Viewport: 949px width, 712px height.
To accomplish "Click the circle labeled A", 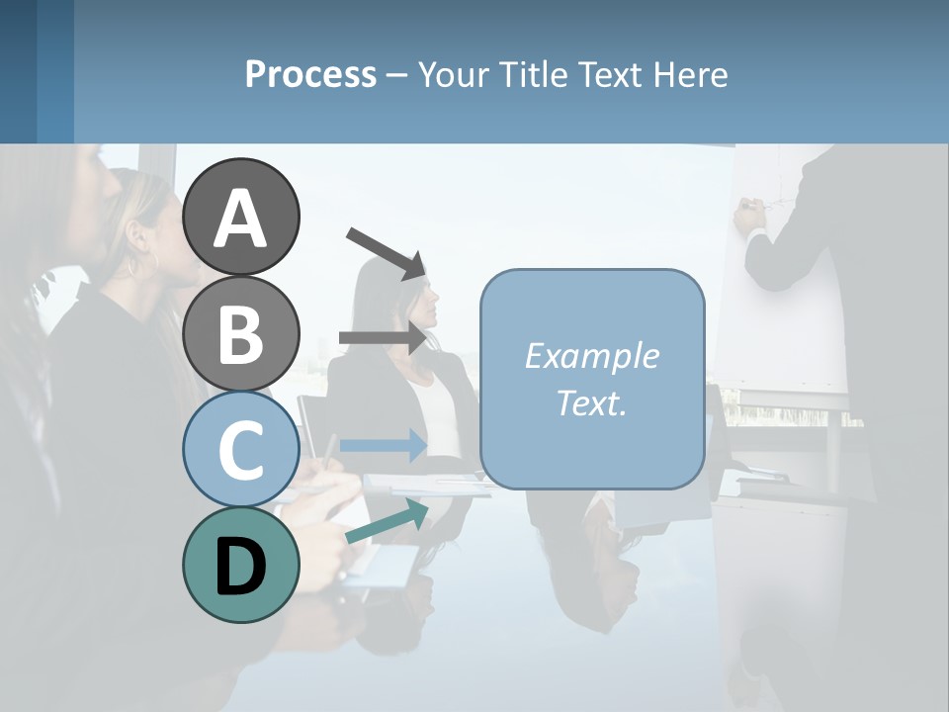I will point(241,217).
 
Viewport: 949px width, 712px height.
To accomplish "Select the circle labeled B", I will point(241,333).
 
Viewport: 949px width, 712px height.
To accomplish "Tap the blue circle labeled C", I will point(241,449).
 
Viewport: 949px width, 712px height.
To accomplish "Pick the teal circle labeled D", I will point(241,565).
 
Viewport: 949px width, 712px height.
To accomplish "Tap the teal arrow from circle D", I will point(387,522).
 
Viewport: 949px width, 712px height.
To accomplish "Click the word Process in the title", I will point(310,74).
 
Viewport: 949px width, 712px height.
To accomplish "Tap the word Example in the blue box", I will point(591,356).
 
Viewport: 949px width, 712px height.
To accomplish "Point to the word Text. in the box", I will point(591,403).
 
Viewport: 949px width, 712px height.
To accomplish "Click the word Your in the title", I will point(456,74).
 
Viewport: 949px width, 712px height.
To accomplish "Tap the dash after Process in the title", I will point(397,75).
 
